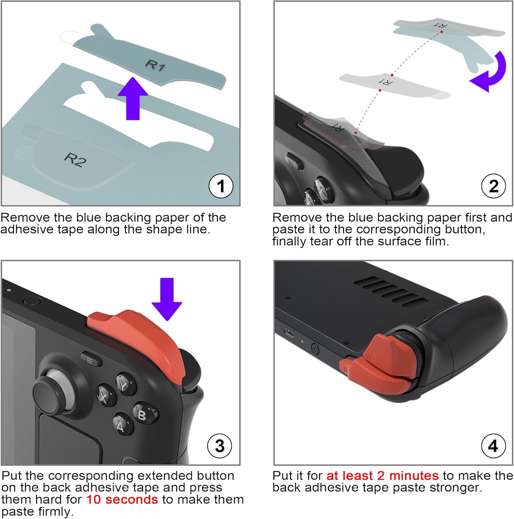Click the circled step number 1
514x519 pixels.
(x=221, y=186)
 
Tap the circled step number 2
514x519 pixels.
(x=494, y=186)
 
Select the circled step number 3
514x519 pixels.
(x=219, y=446)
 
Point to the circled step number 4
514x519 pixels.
(x=493, y=446)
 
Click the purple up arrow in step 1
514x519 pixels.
(x=133, y=99)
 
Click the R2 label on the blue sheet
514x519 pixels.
(x=75, y=160)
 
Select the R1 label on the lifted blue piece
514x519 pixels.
(x=155, y=65)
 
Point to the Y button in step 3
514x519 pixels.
(x=125, y=382)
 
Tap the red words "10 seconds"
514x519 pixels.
(x=122, y=500)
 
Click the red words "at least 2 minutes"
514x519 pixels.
(x=382, y=476)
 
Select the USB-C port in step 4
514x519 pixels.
(x=289, y=333)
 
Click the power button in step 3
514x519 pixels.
(x=31, y=301)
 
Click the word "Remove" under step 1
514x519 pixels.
(x=25, y=218)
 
